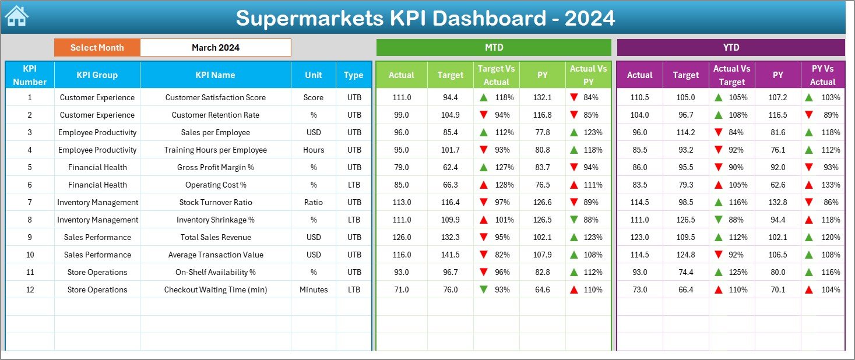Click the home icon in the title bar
16,16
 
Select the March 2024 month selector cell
216,48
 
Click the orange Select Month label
97,48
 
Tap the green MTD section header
494,47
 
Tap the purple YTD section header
731,47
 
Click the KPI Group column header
97,75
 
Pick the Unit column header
314,75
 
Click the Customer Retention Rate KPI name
216,115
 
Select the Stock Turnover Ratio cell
216,202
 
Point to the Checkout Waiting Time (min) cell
216,290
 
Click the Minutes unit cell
314,290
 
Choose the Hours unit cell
314,150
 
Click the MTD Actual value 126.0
402,237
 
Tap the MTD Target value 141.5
450,255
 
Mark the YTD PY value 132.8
777,202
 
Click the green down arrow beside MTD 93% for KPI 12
484,290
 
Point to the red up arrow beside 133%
808,185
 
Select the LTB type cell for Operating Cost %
354,185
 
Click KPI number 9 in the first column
30,237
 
